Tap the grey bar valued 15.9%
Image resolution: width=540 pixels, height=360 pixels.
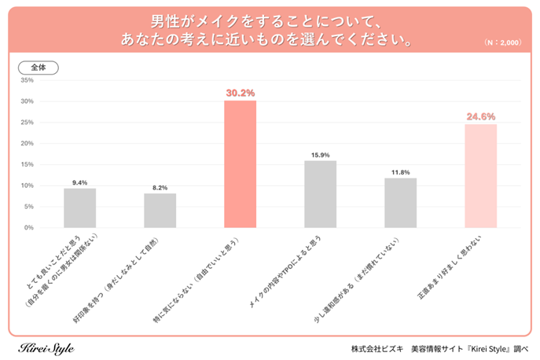[320, 194]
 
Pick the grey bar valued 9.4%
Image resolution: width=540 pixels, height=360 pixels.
[79, 208]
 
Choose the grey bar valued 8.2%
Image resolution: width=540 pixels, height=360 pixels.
[160, 211]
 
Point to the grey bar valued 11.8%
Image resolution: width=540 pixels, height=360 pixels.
[400, 203]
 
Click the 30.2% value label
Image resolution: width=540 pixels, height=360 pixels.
[240, 93]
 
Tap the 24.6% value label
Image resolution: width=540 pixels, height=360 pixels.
[480, 116]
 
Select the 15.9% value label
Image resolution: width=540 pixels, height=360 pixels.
[320, 154]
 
